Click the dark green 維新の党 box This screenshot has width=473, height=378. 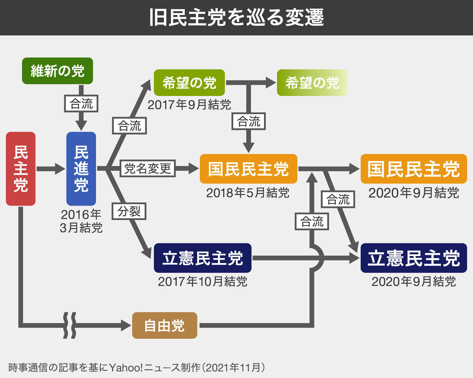click(57, 71)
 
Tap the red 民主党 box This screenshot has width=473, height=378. click(21, 169)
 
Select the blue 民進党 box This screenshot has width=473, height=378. click(81, 169)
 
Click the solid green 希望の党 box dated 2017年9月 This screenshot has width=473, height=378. click(189, 83)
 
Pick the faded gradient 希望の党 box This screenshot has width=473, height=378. click(312, 83)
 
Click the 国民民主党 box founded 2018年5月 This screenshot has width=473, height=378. click(248, 169)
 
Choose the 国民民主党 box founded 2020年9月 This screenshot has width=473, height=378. click(414, 169)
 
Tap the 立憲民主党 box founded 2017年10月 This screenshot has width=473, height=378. click(203, 258)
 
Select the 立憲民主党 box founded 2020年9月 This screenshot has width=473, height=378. click(414, 258)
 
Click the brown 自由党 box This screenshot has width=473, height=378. click(164, 325)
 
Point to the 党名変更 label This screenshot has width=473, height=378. click(148, 168)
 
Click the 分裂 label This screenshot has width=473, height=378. click(129, 211)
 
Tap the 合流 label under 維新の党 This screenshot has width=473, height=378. click(81, 104)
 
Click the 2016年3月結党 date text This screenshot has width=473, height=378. click(81, 221)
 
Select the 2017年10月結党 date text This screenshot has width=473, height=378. click(203, 281)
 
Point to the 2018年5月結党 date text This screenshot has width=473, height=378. click(248, 193)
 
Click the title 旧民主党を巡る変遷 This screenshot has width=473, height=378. click(237, 18)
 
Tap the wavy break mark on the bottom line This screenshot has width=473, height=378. click(70, 325)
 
